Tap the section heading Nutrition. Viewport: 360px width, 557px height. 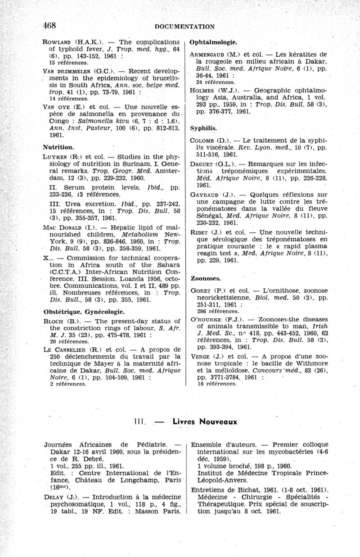coord(58,147)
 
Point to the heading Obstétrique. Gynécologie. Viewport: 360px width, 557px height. coord(83,312)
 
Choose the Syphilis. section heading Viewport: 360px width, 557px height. coord(204,128)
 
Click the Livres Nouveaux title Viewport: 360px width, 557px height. coord(205,422)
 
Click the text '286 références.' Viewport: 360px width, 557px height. coord(219,311)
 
